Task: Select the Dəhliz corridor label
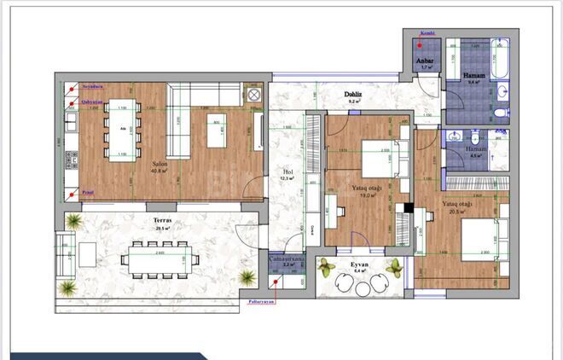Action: click(354, 94)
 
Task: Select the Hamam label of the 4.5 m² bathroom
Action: click(476, 148)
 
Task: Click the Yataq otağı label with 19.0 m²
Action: click(369, 188)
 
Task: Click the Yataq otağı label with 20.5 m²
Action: click(458, 204)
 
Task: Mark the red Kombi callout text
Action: click(426, 34)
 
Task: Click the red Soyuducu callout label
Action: click(92, 87)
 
